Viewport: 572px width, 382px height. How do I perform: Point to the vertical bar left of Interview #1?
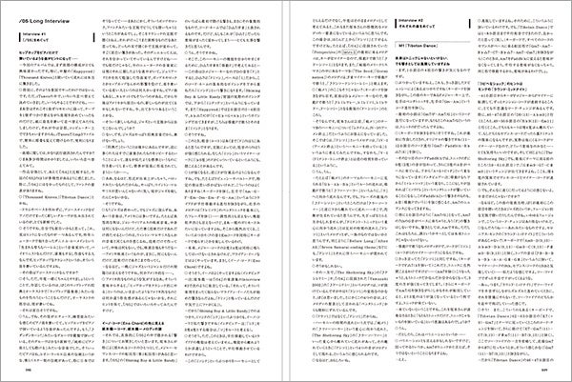pos(21,43)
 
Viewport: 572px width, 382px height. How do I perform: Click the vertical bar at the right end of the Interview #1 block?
pos(93,43)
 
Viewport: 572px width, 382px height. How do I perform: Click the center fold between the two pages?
pos(286,191)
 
